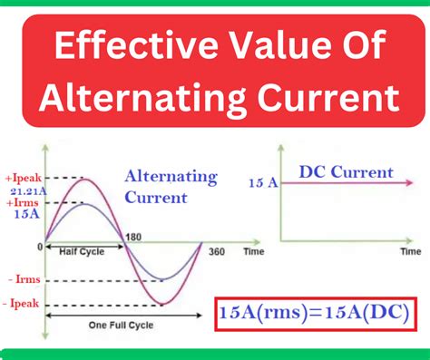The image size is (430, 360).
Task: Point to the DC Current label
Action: [346, 172]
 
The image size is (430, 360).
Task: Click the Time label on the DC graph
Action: [411, 249]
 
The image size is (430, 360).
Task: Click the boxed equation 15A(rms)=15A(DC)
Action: [310, 311]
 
